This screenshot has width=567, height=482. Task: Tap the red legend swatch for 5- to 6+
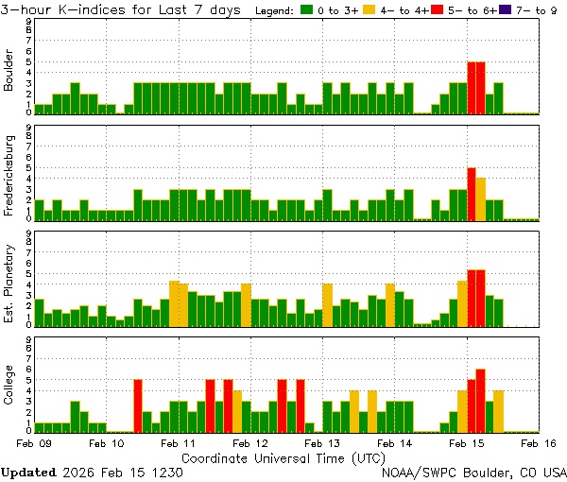(x=437, y=10)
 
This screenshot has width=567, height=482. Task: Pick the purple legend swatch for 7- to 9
(x=505, y=10)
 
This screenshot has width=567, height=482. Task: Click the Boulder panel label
(x=9, y=71)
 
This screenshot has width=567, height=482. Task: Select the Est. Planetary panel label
(x=9, y=283)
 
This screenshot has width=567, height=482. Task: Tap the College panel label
(x=9, y=388)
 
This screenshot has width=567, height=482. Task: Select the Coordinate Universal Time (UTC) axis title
(x=283, y=457)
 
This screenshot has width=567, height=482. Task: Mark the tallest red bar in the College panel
(x=481, y=399)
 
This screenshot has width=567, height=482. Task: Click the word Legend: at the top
(x=274, y=10)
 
